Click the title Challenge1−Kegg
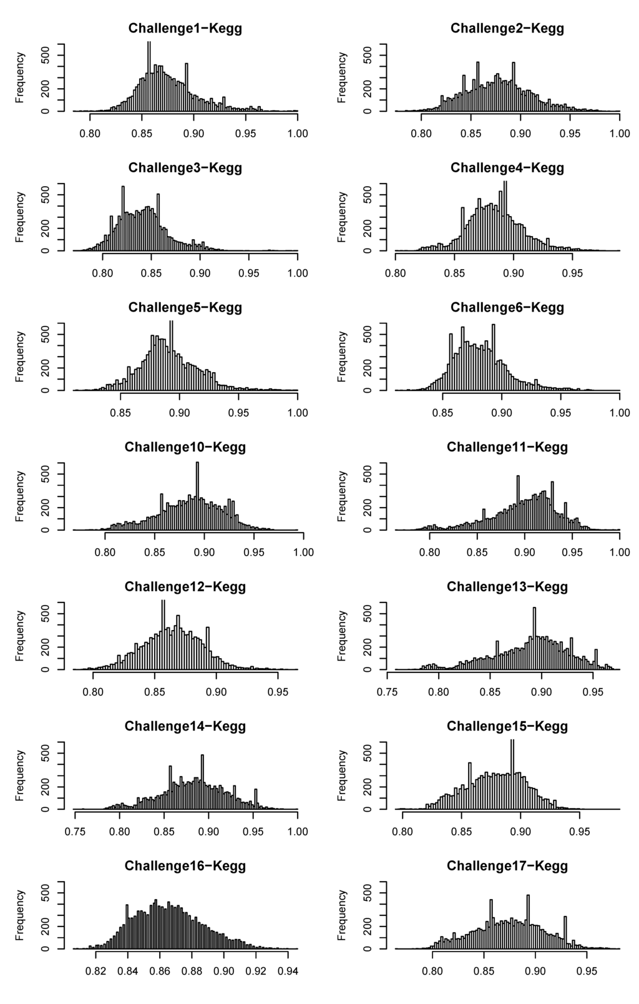pyautogui.click(x=185, y=28)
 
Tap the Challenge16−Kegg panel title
pyautogui.click(x=185, y=866)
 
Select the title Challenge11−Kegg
pyautogui.click(x=507, y=447)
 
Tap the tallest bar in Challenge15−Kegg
pyautogui.click(x=512, y=774)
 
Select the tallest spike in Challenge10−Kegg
pyautogui.click(x=197, y=496)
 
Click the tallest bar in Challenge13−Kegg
pyautogui.click(x=534, y=638)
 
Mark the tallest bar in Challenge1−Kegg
pyautogui.click(x=149, y=75)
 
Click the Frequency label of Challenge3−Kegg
pyautogui.click(x=21, y=217)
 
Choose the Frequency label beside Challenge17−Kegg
pyautogui.click(x=342, y=915)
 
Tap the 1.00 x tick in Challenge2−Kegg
pyautogui.click(x=620, y=133)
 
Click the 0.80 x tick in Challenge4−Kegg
pyautogui.click(x=396, y=273)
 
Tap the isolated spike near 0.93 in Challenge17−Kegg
pyautogui.click(x=565, y=932)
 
